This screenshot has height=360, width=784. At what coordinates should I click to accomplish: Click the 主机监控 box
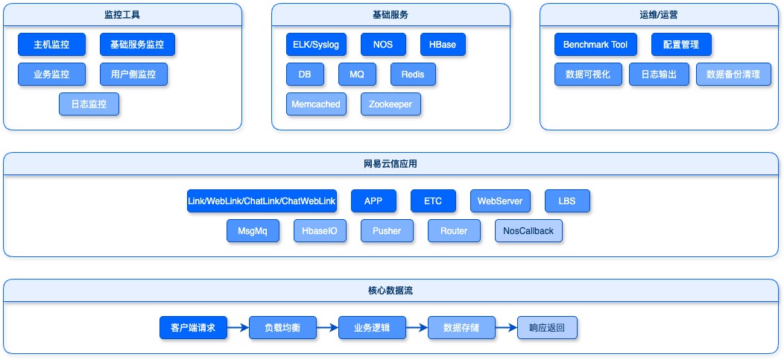click(51, 45)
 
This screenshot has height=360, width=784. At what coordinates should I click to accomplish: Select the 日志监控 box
click(89, 104)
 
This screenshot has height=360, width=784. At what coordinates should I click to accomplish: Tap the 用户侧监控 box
click(133, 75)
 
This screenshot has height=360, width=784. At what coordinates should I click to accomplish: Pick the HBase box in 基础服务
click(443, 45)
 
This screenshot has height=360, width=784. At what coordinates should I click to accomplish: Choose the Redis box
click(413, 75)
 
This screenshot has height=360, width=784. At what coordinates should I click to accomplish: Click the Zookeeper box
click(391, 104)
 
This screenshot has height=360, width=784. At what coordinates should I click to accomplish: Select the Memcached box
click(316, 104)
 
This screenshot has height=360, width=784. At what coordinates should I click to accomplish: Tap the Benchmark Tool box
click(595, 45)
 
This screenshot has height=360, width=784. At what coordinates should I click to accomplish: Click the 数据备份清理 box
click(733, 75)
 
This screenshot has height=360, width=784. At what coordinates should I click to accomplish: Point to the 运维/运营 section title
click(659, 15)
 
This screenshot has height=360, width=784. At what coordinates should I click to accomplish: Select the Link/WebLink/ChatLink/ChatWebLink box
click(262, 201)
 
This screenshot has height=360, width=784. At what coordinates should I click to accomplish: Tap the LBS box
click(567, 201)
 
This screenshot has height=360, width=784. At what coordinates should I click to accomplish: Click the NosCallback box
click(528, 231)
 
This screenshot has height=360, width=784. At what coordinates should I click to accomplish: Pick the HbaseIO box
click(320, 231)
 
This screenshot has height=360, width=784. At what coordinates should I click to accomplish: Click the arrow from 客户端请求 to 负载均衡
click(238, 328)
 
